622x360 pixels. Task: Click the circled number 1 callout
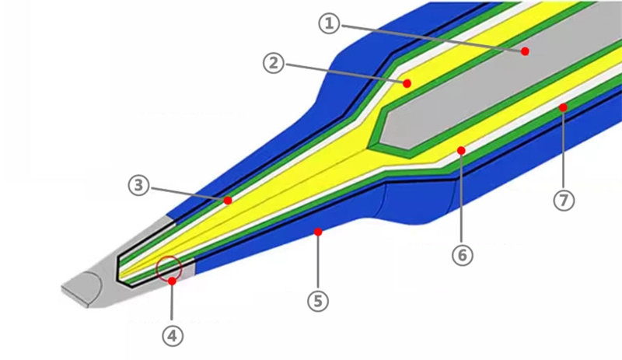tap(329, 24)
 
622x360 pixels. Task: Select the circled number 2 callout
tap(274, 63)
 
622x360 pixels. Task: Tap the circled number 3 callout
tap(139, 185)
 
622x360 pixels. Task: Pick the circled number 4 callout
tap(172, 336)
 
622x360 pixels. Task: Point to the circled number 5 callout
tap(318, 301)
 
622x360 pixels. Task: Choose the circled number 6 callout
tap(463, 255)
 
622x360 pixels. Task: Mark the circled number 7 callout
tap(564, 201)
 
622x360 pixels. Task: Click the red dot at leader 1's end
tap(526, 51)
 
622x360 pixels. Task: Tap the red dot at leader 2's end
tap(407, 83)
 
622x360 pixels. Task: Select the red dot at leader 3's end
tap(228, 201)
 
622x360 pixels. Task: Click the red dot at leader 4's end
tap(172, 281)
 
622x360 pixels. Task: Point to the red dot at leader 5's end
tap(318, 232)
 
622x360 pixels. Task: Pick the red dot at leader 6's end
tap(461, 150)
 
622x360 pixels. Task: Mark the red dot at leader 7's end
tap(563, 107)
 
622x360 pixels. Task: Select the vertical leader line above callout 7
tap(564, 150)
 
